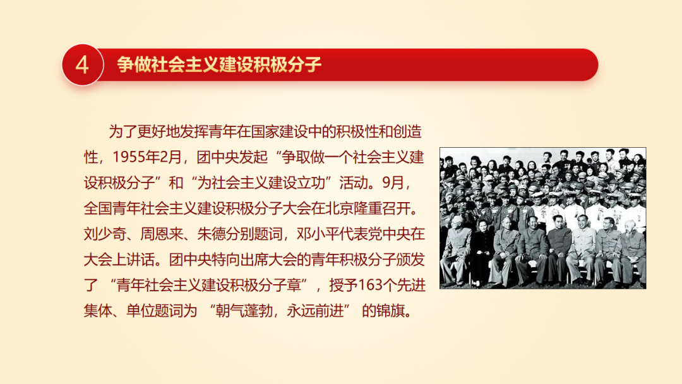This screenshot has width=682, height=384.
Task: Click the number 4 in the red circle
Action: coord(82,65)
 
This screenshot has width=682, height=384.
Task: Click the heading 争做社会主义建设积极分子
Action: coord(218,64)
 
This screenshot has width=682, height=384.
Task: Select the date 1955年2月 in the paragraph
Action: coord(147,157)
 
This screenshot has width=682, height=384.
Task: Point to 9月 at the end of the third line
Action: coord(393,183)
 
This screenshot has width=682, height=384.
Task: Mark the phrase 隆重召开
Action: coord(382,208)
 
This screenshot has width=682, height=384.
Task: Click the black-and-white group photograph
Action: coord(543,218)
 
